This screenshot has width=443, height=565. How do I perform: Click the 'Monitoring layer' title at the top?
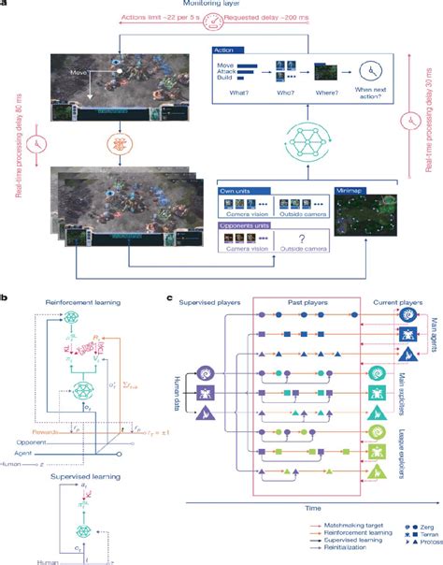click(x=221, y=5)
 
